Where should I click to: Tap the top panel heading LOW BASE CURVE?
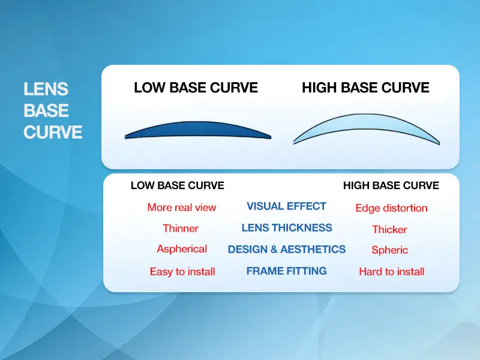tap(196, 88)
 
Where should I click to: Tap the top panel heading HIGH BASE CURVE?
tap(365, 88)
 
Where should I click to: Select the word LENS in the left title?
tap(46, 89)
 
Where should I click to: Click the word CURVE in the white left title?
tap(53, 132)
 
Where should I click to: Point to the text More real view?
tap(181, 208)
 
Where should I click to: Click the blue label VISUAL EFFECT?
tap(286, 206)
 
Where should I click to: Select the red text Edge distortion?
tap(391, 208)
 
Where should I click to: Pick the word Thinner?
tap(181, 229)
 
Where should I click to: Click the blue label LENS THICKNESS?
tap(287, 228)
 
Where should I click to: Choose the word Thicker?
tap(389, 230)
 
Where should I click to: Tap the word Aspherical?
tap(182, 249)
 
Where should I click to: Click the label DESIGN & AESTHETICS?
tap(287, 250)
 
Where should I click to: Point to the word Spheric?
tap(389, 250)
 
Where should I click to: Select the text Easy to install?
tap(182, 272)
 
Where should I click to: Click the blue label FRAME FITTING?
tap(287, 271)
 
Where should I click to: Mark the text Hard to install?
tap(391, 272)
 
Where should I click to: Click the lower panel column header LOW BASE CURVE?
tap(177, 186)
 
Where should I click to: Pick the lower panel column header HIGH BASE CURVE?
tap(391, 186)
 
